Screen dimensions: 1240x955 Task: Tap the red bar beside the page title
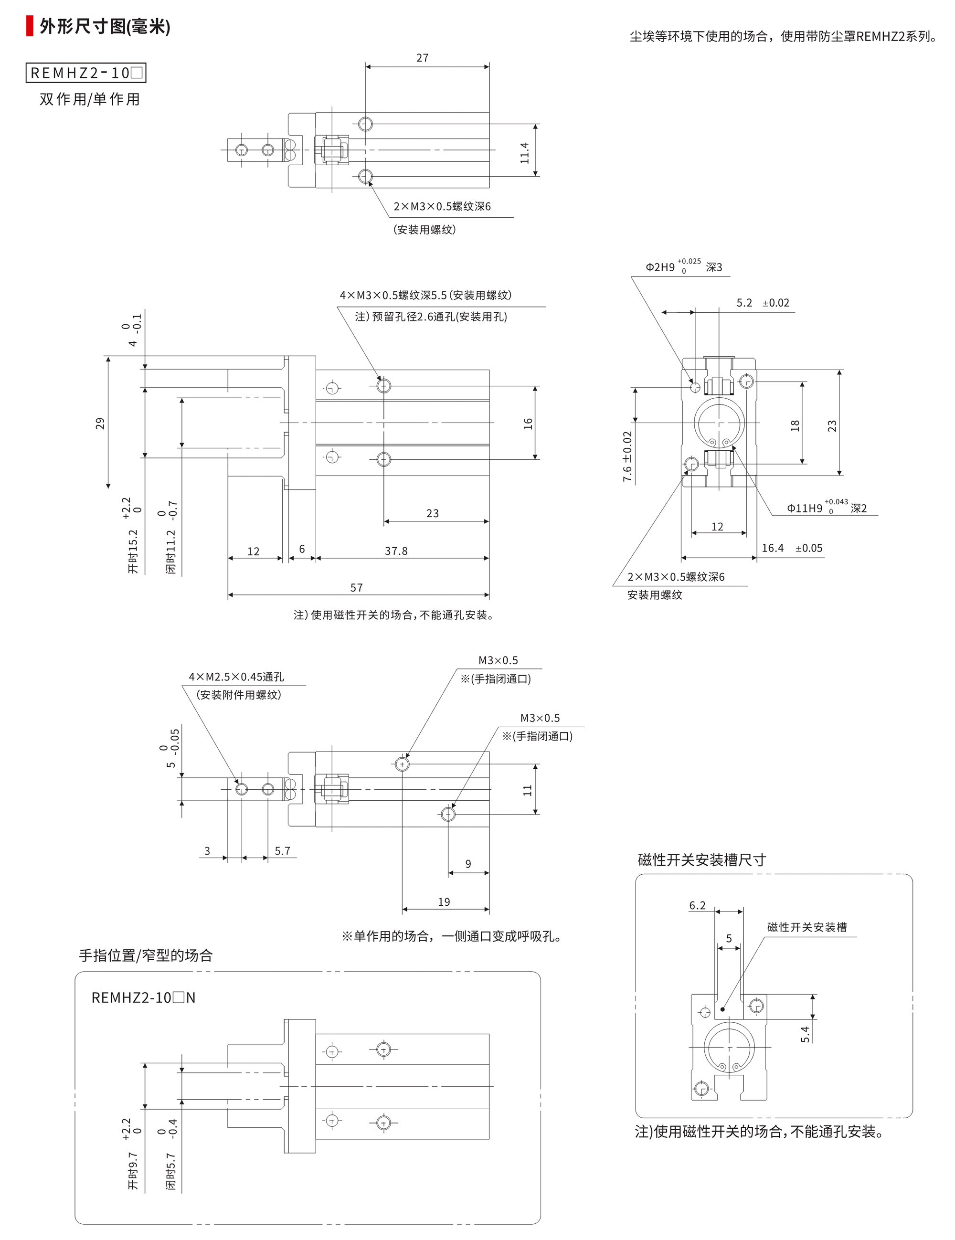(x=30, y=27)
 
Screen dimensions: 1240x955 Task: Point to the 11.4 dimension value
(x=524, y=153)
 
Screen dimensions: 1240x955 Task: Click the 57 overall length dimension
(x=356, y=588)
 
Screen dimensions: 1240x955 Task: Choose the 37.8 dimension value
(x=396, y=551)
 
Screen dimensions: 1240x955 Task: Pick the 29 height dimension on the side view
(x=100, y=424)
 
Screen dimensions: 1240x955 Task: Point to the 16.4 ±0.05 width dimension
(x=792, y=548)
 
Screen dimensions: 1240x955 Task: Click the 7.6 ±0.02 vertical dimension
(x=627, y=456)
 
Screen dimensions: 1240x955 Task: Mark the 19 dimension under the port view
(x=444, y=901)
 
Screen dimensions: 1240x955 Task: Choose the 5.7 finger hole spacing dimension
(x=282, y=850)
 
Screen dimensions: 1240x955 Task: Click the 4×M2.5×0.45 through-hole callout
(x=236, y=677)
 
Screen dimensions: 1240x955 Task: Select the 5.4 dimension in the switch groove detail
(x=805, y=1034)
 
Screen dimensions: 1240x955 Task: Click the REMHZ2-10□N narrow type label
(x=143, y=997)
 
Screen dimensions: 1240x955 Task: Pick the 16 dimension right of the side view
(x=528, y=424)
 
